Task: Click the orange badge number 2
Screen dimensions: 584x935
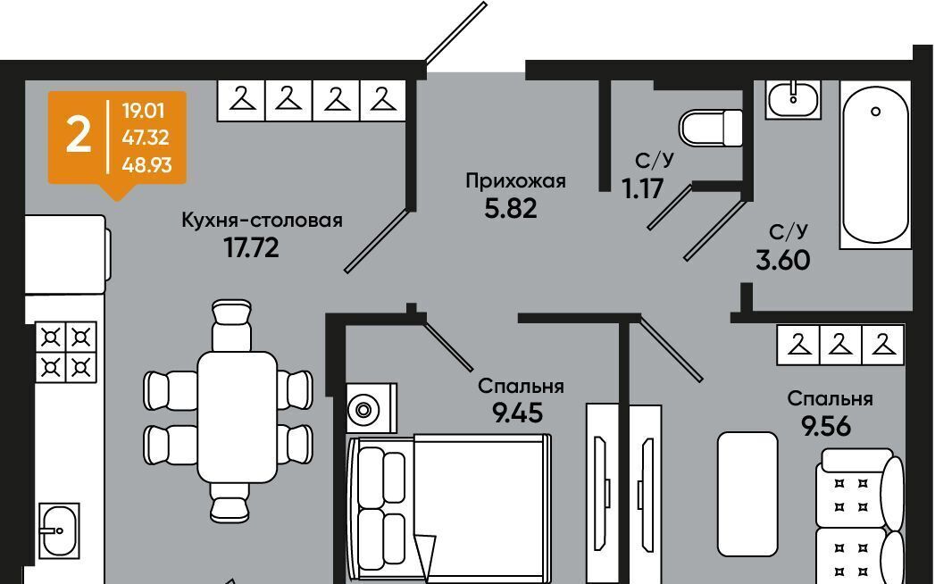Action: point(79,135)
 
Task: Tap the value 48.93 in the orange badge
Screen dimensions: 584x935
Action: point(146,164)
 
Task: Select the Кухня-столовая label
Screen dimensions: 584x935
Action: point(262,220)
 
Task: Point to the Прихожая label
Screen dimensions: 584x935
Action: point(515,181)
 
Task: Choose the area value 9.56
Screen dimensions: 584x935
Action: point(825,426)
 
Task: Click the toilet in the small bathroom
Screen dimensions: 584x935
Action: point(712,129)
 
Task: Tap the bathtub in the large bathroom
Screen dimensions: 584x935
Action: point(875,165)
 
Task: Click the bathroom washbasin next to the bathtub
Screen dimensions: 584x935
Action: point(793,98)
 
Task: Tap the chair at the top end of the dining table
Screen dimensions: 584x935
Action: point(231,324)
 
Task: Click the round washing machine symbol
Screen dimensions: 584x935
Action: point(363,410)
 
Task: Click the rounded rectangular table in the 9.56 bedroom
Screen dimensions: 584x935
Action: point(747,493)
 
